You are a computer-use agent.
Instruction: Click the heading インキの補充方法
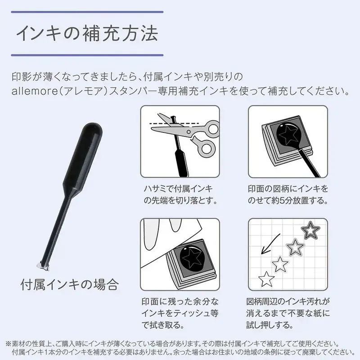pos(87,34)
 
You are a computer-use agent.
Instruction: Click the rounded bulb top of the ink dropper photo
pos(93,129)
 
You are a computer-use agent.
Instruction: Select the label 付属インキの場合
pos(70,285)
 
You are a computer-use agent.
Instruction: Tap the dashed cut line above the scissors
pos(175,124)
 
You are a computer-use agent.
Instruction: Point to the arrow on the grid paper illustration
pos(270,244)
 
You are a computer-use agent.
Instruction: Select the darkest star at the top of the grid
pos(310,230)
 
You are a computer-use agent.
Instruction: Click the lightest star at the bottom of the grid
pos(266,279)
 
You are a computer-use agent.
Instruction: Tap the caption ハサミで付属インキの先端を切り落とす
pos(180,195)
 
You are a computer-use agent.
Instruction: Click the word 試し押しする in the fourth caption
pos(270,325)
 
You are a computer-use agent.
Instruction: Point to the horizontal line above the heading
pos(87,12)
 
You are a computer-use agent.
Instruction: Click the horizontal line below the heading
pos(87,55)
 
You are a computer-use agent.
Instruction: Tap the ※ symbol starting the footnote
pos(9,344)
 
